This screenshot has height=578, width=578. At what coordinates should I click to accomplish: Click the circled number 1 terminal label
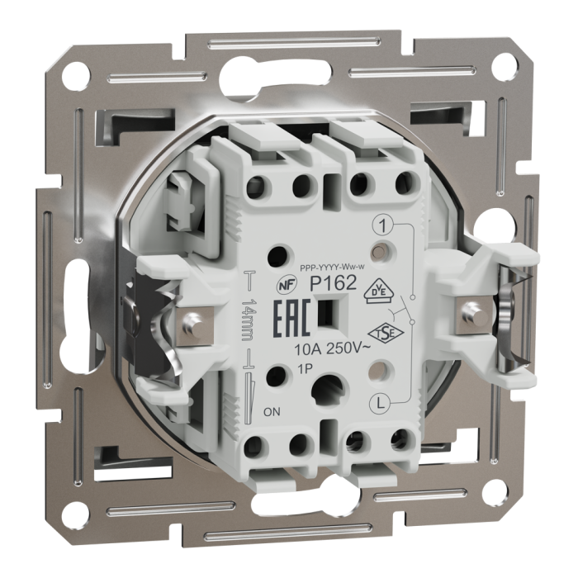[381, 224]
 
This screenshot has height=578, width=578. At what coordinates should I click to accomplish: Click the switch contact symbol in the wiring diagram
[404, 314]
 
